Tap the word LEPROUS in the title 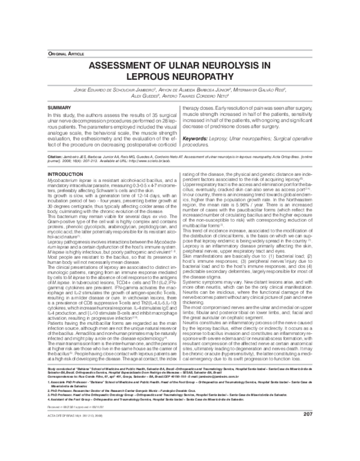click(x=148, y=78)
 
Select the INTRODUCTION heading click(x=65, y=173)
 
